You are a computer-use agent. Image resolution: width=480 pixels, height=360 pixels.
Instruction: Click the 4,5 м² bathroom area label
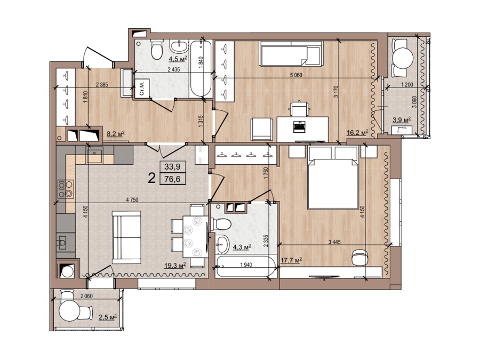click(x=178, y=59)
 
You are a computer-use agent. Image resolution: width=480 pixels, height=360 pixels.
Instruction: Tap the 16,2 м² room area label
click(x=357, y=133)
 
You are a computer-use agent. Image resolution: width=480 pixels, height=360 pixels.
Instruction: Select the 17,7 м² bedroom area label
click(x=291, y=260)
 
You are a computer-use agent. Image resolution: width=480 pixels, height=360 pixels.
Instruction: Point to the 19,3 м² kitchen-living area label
click(x=175, y=266)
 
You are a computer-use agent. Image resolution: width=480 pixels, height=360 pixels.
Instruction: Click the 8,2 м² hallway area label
click(x=116, y=134)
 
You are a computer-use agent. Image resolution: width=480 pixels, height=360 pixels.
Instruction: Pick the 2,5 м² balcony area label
click(x=107, y=317)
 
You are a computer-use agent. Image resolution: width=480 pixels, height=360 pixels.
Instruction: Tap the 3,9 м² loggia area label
click(x=402, y=120)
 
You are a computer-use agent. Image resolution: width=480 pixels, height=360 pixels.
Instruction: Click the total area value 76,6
click(x=172, y=179)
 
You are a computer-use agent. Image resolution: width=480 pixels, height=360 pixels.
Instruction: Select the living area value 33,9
click(x=172, y=167)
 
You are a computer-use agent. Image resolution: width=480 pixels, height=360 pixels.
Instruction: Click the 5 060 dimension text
click(x=296, y=75)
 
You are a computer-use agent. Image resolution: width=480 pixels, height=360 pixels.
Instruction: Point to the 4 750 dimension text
click(x=132, y=200)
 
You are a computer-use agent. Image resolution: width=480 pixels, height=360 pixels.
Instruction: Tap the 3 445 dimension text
click(x=334, y=242)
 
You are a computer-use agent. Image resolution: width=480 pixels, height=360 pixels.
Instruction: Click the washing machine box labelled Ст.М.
click(x=141, y=89)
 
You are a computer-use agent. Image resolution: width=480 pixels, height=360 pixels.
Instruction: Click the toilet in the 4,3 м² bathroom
click(x=222, y=224)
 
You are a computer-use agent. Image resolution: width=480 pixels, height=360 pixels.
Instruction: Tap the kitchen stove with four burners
click(x=66, y=189)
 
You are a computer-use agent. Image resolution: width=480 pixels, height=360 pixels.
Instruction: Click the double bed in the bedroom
click(x=333, y=178)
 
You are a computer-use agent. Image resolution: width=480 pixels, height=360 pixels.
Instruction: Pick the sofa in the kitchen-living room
click(x=126, y=237)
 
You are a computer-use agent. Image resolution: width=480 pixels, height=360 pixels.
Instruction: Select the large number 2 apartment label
click(x=151, y=178)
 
